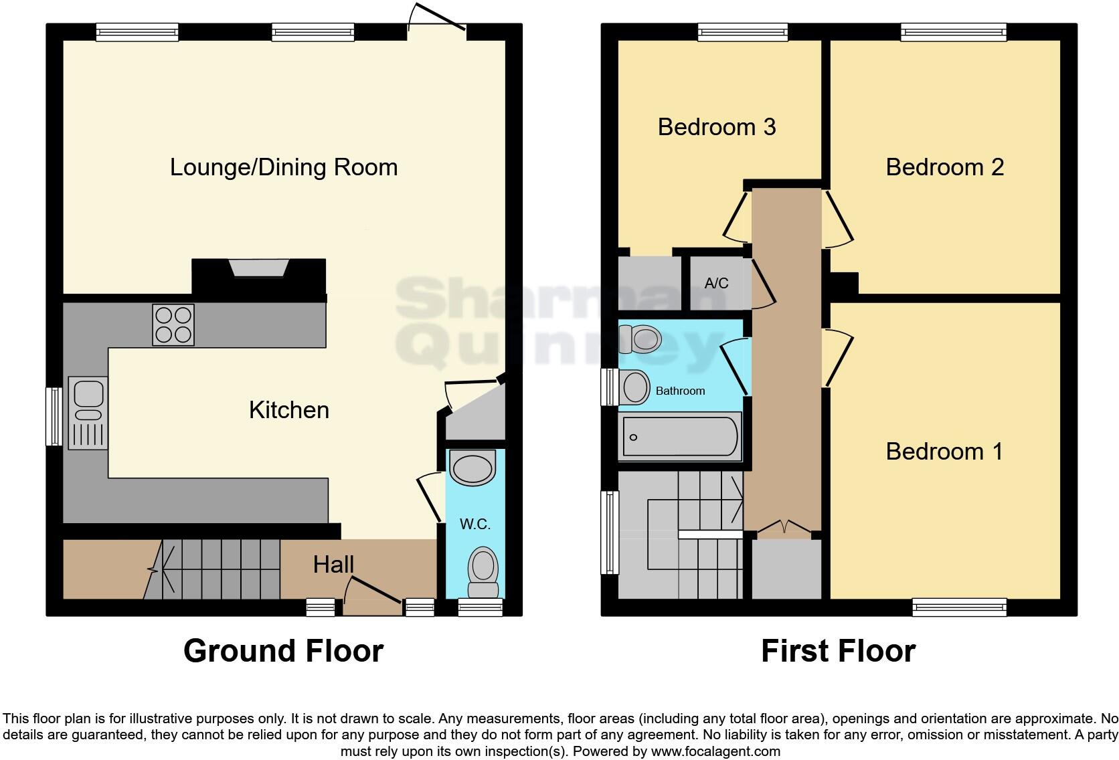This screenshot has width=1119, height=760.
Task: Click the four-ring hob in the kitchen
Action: (x=173, y=324)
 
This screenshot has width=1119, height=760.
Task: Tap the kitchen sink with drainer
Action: (x=88, y=413)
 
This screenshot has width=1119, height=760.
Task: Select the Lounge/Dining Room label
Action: (x=284, y=167)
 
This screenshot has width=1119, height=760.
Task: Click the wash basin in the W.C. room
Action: (x=473, y=467)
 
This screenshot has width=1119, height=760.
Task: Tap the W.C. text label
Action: (x=475, y=524)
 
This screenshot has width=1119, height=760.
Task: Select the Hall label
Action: (x=333, y=565)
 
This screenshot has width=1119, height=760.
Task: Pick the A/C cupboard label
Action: (x=716, y=283)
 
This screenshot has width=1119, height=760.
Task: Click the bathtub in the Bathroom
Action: (x=680, y=437)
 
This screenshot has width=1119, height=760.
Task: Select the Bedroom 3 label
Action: (x=717, y=126)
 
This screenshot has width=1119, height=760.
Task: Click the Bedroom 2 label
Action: (x=944, y=167)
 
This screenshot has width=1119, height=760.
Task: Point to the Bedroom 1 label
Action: (x=944, y=451)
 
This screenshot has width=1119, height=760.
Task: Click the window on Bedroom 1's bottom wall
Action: (x=959, y=607)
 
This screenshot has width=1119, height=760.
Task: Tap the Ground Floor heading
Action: (x=283, y=650)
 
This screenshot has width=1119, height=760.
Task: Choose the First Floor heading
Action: (x=838, y=650)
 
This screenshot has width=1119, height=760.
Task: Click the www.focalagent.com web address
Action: (x=715, y=751)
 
